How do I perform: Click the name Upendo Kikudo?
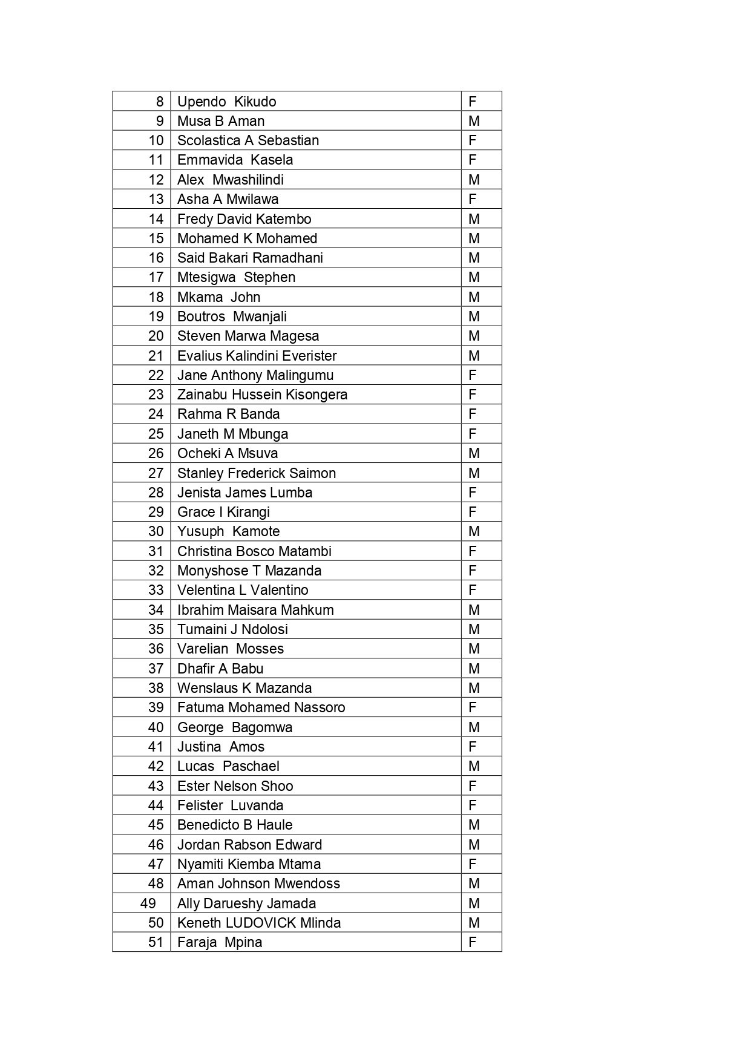tap(226, 102)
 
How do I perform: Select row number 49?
tap(148, 903)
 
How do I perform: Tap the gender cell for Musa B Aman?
tap(474, 121)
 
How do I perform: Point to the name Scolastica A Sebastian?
tap(248, 140)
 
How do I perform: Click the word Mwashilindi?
tap(248, 180)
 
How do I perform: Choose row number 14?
tap(156, 219)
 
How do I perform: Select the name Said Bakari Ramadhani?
tap(250, 258)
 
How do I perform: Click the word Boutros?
tap(201, 316)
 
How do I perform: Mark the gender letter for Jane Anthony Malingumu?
tap(473, 375)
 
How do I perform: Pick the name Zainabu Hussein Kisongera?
tap(262, 395)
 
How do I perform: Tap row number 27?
tap(156, 473)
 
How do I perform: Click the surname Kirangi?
tap(248, 512)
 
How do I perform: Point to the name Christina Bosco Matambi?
tap(254, 551)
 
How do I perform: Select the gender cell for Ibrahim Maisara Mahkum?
tap(474, 610)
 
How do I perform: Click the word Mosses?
tap(260, 649)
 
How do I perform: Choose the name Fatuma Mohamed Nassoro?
tap(261, 707)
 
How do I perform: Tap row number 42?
tap(156, 766)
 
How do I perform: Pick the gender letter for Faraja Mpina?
tap(473, 942)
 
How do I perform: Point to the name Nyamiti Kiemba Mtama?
tap(249, 864)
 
